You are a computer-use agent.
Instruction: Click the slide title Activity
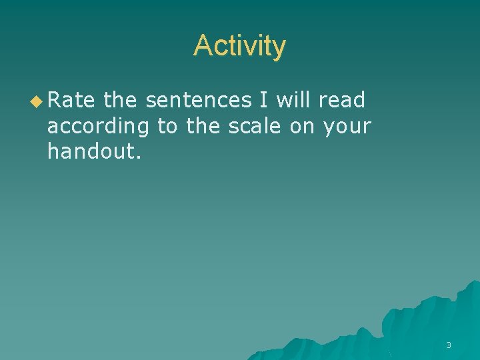[239, 46]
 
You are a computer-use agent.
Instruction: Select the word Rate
[71, 101]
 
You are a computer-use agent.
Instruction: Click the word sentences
[198, 101]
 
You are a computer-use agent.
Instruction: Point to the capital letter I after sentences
[265, 101]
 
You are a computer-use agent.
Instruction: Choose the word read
[342, 101]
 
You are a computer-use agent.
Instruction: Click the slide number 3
[448, 345]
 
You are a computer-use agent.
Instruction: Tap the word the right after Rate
[120, 101]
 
